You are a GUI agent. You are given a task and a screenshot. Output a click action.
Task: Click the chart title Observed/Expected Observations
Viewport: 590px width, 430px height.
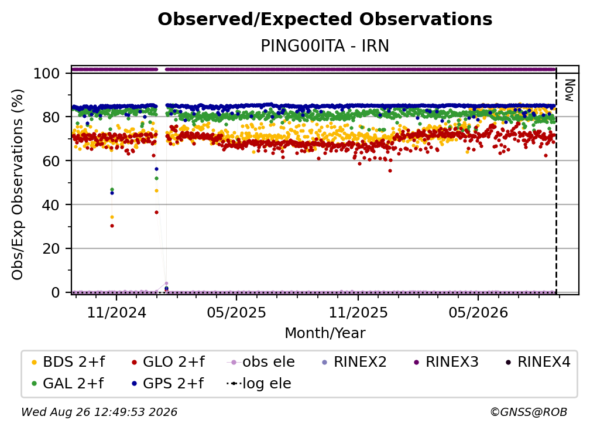pos(325,19)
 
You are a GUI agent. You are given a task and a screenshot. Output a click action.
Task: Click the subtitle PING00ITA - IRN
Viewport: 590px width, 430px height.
pos(325,46)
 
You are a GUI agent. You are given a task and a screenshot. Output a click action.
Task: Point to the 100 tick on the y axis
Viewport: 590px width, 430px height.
pos(47,73)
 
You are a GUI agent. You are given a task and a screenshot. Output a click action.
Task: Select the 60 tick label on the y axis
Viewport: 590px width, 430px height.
pos(51,161)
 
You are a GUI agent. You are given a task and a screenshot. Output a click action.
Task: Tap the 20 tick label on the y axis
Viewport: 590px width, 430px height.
pos(51,248)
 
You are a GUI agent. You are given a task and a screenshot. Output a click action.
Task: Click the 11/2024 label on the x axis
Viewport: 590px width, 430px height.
pos(116,312)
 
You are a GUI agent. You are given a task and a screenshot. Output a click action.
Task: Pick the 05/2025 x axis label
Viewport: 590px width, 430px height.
pos(236,312)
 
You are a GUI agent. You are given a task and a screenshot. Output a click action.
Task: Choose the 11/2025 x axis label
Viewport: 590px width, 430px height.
pos(358,312)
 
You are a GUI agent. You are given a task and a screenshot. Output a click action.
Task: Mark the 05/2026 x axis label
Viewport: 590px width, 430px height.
pos(478,312)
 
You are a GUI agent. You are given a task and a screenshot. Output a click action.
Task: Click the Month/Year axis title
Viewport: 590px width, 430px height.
pos(325,333)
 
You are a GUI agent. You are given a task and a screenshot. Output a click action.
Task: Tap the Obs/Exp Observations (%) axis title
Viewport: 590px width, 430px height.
pos(18,185)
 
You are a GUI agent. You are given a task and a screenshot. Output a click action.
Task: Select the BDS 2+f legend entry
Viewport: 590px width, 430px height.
pos(68,362)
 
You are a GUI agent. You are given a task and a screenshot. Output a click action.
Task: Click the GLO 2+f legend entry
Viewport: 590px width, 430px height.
pos(168,362)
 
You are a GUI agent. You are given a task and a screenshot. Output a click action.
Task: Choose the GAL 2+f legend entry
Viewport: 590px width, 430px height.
pos(68,384)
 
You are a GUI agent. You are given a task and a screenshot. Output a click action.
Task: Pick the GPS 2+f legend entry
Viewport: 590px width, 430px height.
pos(168,384)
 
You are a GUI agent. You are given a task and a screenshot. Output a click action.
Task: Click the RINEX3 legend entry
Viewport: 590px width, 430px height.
pos(446,362)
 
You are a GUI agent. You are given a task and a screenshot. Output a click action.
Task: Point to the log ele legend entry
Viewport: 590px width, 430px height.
pos(259,384)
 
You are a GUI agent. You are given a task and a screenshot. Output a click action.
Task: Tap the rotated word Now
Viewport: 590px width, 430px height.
pos(570,90)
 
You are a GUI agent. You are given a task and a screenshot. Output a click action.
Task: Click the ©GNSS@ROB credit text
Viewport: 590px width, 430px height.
pos(529,412)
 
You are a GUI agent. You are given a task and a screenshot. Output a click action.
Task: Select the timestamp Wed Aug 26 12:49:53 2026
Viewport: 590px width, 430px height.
pos(99,412)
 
